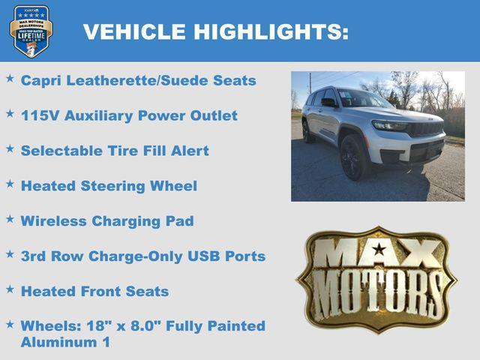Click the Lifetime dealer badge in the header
click(31, 31)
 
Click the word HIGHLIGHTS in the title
click(271, 31)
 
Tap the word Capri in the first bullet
click(40, 80)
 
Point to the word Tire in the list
click(118, 151)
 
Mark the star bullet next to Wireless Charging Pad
click(10, 219)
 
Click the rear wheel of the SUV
click(307, 131)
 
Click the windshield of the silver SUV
click(363, 99)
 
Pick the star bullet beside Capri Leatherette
click(10, 78)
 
